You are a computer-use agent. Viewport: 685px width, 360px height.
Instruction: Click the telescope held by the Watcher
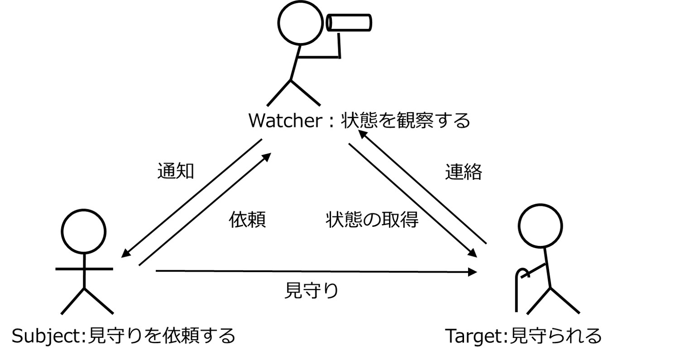coord(349,22)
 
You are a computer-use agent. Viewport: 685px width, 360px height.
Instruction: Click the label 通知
coord(176,172)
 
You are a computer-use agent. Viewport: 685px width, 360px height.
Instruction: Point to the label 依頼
coord(247,219)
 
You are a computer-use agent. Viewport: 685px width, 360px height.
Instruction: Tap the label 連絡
coord(463,172)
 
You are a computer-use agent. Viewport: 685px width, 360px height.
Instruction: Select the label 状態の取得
coord(372,219)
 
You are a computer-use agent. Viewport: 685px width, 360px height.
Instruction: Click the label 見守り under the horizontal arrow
coord(311,290)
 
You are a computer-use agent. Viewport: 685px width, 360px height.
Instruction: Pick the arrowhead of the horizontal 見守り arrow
coord(473,272)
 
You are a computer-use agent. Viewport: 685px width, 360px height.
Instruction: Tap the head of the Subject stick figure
coord(84,231)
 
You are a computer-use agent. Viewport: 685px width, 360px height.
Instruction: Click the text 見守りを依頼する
coord(160,336)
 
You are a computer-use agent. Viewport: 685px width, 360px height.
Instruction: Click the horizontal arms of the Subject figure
coord(84,269)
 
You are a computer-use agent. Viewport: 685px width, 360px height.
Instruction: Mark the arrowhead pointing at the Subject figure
coord(125,254)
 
